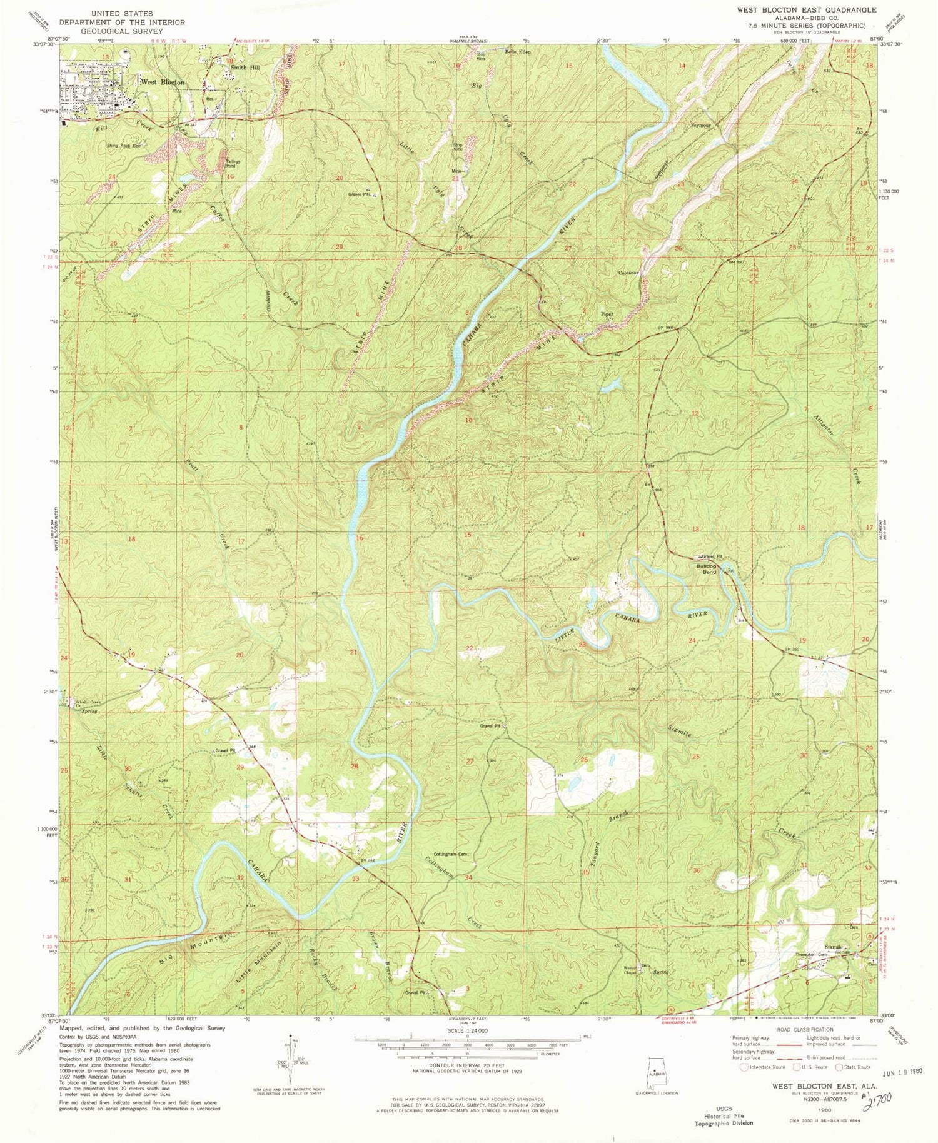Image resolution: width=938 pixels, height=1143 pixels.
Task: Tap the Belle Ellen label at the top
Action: pos(518,52)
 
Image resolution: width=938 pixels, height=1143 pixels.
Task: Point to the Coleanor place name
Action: pos(628,273)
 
